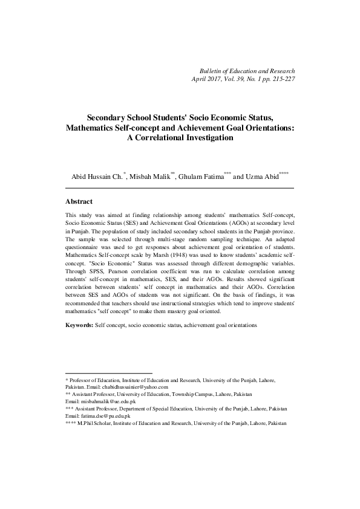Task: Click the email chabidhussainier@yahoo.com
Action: pos(127,386)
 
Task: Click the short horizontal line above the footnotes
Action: pos(108,372)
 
